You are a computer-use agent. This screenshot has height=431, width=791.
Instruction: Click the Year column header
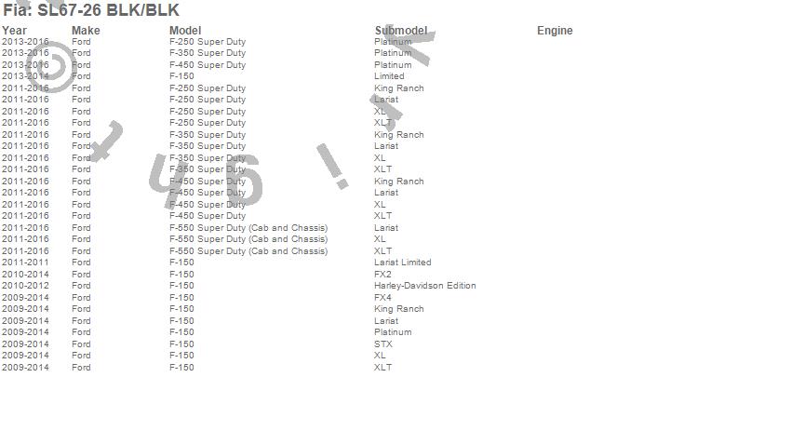[14, 31]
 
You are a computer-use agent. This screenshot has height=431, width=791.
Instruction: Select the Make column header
[86, 31]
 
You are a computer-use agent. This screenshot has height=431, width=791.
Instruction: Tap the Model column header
[185, 31]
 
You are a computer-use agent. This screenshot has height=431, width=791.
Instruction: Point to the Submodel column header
[401, 31]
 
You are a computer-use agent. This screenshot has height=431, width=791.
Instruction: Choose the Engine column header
[555, 31]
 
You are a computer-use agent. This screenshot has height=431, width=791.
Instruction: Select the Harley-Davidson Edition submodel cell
[424, 286]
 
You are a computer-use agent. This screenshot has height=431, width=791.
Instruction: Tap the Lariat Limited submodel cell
[402, 263]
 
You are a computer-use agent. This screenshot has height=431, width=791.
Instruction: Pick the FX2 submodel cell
[382, 275]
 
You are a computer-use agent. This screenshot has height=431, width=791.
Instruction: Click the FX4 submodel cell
[382, 298]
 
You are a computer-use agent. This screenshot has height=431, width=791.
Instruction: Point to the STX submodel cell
[382, 344]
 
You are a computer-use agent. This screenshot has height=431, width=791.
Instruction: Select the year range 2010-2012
[25, 286]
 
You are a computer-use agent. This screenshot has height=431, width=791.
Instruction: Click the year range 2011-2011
[25, 263]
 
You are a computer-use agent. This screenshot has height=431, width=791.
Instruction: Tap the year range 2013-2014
[25, 76]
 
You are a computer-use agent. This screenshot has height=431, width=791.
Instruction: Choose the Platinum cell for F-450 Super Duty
[393, 65]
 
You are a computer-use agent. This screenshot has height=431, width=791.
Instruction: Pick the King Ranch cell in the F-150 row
[398, 309]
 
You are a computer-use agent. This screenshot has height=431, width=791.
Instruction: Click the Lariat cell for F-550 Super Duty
[385, 228]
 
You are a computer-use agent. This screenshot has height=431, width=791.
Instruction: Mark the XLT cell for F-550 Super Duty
[382, 251]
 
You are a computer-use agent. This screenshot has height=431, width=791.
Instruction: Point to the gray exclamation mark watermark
[332, 166]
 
